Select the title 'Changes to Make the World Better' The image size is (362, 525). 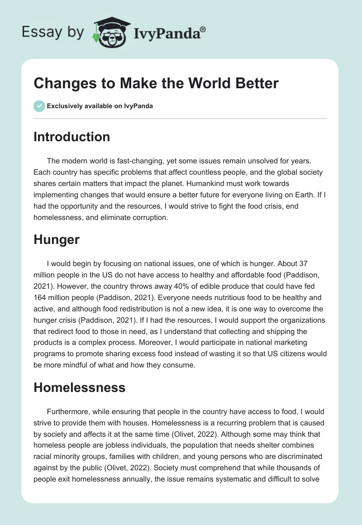[156, 83]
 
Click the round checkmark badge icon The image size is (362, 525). [39, 106]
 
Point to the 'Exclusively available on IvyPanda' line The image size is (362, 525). [100, 106]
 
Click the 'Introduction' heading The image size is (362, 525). [71, 137]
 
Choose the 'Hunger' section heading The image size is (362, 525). [56, 239]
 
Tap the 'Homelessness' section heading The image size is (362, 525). [79, 387]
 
